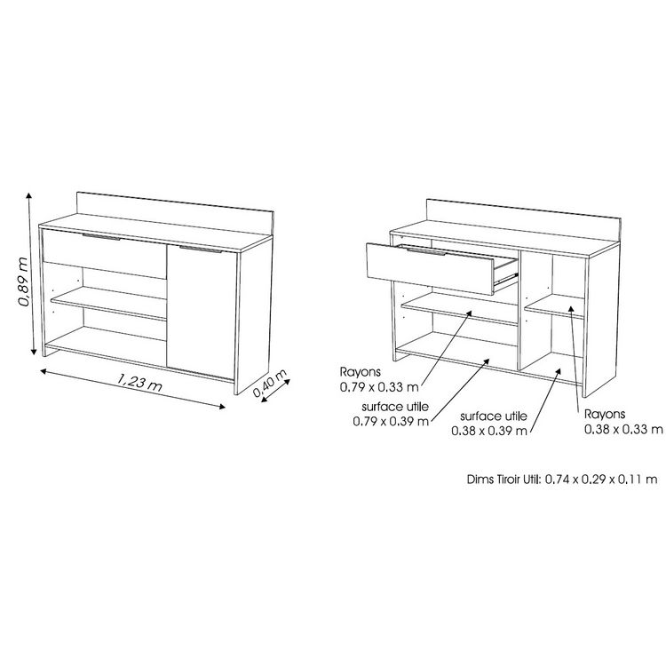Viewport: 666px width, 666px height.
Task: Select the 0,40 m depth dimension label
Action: coord(271,385)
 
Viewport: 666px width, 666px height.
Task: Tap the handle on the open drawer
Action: coord(425,253)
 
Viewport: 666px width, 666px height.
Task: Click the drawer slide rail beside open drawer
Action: coord(504,278)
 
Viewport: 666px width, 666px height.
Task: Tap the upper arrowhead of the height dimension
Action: coord(31,196)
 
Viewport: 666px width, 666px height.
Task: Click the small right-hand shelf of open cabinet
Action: coord(555,310)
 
